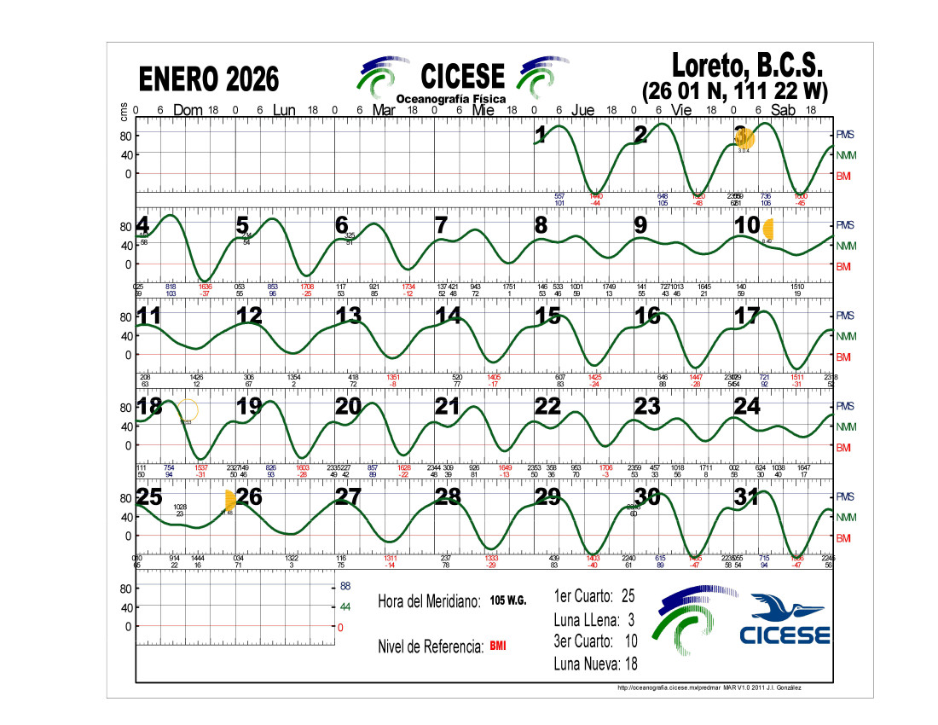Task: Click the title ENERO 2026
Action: [x=209, y=79]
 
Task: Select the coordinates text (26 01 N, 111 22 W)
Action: [x=734, y=90]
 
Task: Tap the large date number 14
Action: [x=449, y=316]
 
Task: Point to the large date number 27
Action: [x=348, y=496]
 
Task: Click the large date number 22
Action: [x=547, y=406]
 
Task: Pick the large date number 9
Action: [x=640, y=225]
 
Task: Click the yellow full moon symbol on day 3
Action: [x=744, y=137]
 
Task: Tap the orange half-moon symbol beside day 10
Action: [x=768, y=229]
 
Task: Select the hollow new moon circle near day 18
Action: [x=188, y=409]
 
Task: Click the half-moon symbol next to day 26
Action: [x=229, y=500]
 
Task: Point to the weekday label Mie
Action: [x=483, y=110]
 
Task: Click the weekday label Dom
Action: [x=188, y=110]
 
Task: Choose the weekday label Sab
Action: [x=783, y=110]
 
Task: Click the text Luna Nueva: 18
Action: [x=594, y=664]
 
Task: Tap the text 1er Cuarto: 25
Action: [x=594, y=595]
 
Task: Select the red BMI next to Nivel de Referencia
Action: [x=498, y=646]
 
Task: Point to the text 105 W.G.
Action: [x=508, y=600]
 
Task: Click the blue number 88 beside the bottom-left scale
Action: [x=346, y=587]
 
